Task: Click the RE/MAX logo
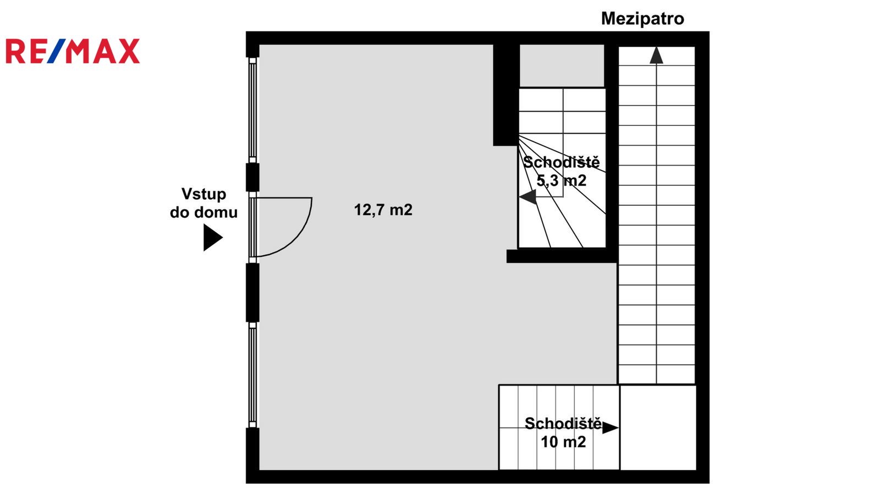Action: click(73, 51)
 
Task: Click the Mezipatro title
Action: click(643, 19)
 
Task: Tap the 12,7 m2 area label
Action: click(383, 210)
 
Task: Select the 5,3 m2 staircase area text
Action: click(562, 181)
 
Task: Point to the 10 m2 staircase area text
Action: click(563, 442)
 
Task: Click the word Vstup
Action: click(204, 194)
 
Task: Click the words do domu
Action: click(204, 212)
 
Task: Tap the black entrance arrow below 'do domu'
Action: click(213, 238)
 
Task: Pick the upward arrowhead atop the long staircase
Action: click(656, 56)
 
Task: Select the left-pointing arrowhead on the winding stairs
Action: click(528, 197)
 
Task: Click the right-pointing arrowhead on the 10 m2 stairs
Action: click(610, 428)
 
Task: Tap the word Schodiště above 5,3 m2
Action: click(562, 162)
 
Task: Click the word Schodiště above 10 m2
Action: click(563, 424)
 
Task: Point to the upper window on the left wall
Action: click(252, 111)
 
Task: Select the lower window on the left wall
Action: click(252, 375)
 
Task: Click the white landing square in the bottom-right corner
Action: click(658, 427)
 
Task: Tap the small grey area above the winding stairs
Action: click(562, 65)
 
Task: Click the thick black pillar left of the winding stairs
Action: click(506, 95)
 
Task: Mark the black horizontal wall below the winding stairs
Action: click(562, 256)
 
